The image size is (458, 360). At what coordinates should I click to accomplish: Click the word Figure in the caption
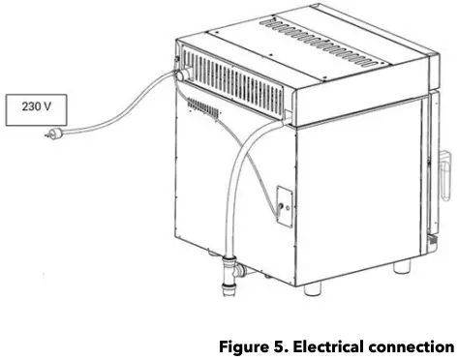click(x=242, y=346)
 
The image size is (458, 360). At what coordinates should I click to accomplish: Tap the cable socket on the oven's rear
click(x=180, y=74)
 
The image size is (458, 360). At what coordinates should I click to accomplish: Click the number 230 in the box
click(x=29, y=106)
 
